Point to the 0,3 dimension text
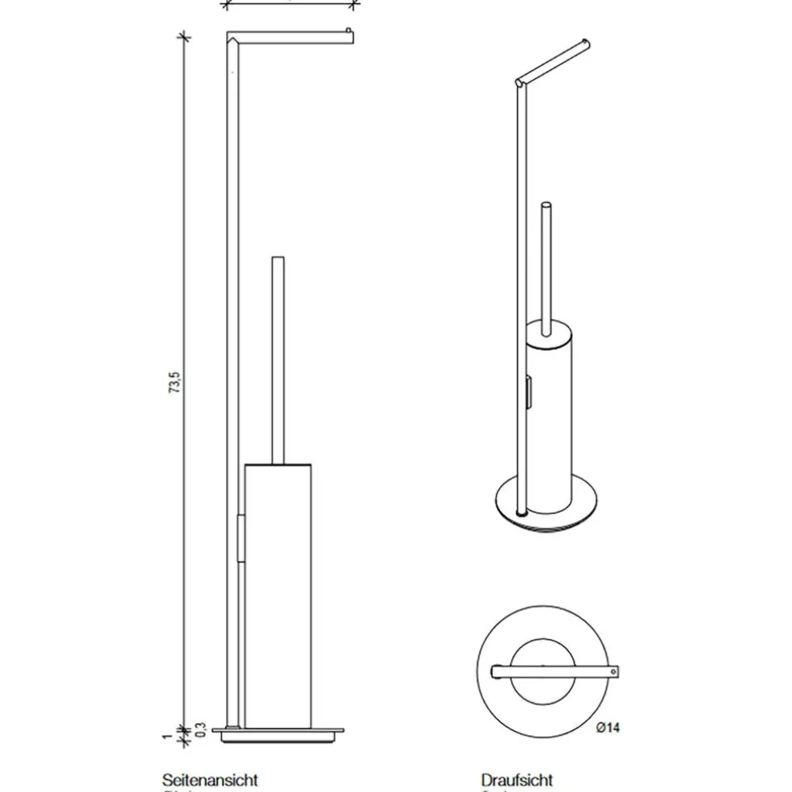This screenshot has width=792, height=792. (200, 729)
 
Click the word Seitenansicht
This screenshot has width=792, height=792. (210, 779)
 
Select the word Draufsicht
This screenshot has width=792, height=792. (517, 779)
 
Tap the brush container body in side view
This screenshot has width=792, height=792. (278, 596)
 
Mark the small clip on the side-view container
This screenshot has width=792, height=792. (241, 539)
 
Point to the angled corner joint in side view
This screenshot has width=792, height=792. (232, 38)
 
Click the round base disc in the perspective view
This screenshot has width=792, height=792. (547, 507)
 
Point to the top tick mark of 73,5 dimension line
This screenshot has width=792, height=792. (184, 36)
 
